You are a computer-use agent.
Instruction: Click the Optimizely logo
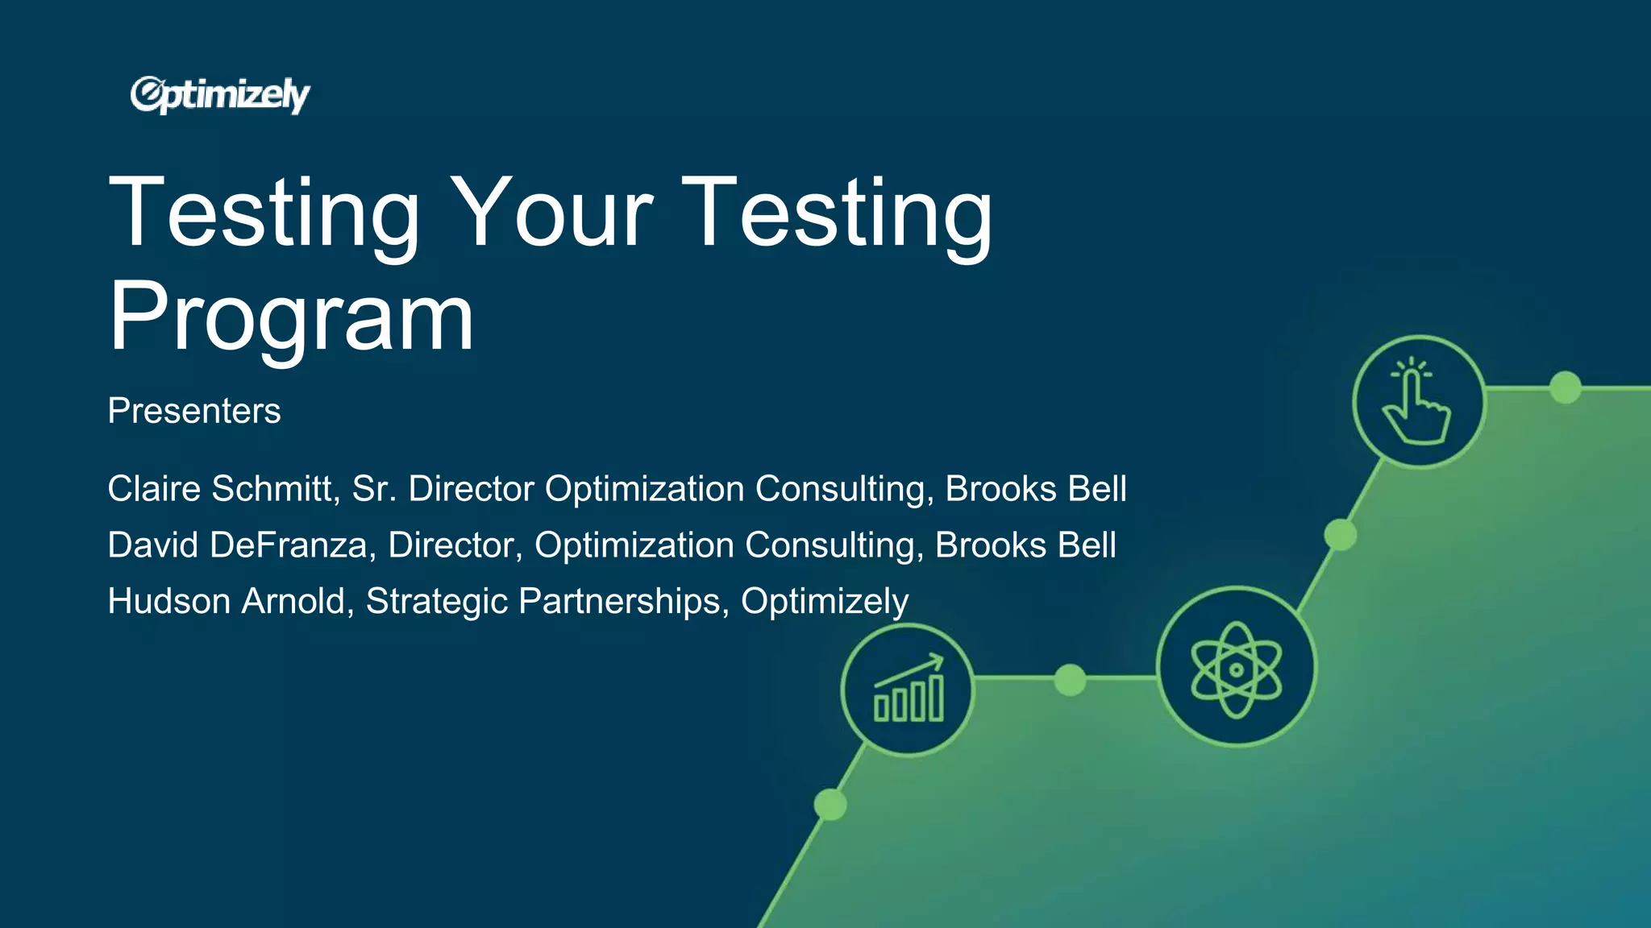click(219, 95)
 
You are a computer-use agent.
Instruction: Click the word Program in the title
click(291, 317)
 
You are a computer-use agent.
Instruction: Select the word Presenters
click(194, 411)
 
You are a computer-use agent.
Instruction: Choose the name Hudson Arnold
click(226, 602)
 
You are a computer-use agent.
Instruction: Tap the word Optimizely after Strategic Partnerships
click(825, 602)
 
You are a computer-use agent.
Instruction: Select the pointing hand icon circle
click(1419, 401)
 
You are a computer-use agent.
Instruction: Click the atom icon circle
click(1236, 668)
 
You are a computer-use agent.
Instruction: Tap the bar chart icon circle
click(908, 690)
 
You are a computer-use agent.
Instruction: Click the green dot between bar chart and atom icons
click(1070, 679)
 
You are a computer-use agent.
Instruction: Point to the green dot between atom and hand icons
click(1340, 535)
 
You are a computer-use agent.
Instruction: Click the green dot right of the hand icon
click(1565, 387)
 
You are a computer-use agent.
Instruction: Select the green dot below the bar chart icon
click(830, 804)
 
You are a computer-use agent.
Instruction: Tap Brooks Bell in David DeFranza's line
click(1025, 545)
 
